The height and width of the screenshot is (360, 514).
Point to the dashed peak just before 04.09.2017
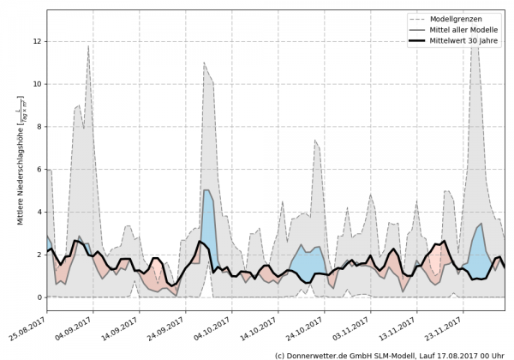(x=88, y=48)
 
